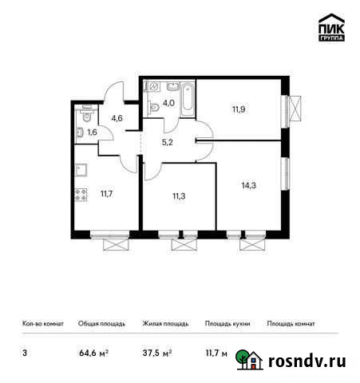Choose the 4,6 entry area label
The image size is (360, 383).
pyautogui.click(x=116, y=118)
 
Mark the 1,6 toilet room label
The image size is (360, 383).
pyautogui.click(x=92, y=132)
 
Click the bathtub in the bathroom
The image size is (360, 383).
pyautogui.click(x=186, y=99)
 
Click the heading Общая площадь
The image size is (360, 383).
pyautogui.click(x=100, y=324)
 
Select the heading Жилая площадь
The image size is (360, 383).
pyautogui.click(x=165, y=324)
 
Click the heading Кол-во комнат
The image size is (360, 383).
pyautogui.click(x=42, y=324)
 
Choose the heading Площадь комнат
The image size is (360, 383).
pyautogui.click(x=291, y=324)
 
